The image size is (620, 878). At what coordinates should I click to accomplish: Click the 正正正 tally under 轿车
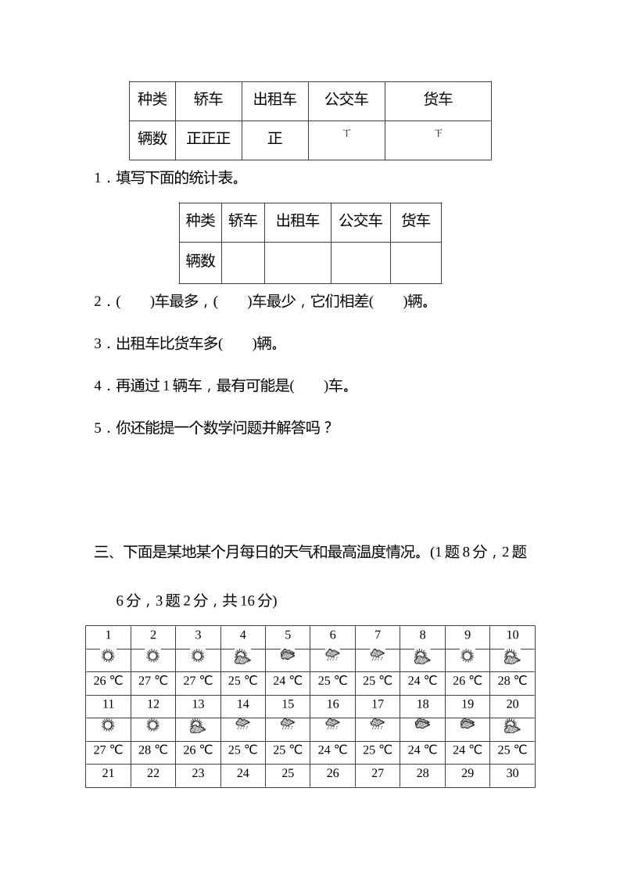(209, 139)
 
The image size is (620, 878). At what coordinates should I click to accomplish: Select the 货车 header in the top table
(438, 99)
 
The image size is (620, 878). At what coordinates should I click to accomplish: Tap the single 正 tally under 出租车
(274, 139)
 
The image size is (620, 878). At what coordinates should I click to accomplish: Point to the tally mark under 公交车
(346, 134)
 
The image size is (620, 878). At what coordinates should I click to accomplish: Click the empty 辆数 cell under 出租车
(297, 262)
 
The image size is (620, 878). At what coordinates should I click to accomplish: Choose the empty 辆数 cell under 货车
(415, 262)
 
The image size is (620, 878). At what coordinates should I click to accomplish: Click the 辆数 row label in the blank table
(200, 261)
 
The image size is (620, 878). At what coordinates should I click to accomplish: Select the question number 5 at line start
(98, 428)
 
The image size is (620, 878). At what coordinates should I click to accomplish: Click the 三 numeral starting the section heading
(101, 552)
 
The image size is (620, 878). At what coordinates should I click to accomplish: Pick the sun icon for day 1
(108, 657)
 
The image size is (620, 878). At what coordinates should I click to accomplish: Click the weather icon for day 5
(288, 656)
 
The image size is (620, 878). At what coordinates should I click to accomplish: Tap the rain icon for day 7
(377, 656)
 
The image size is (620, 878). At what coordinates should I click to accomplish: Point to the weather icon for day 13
(198, 726)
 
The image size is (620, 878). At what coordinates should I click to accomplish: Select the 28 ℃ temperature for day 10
(512, 681)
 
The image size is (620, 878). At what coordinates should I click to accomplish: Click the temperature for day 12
(152, 750)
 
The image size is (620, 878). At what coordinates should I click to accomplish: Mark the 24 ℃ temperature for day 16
(332, 750)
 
